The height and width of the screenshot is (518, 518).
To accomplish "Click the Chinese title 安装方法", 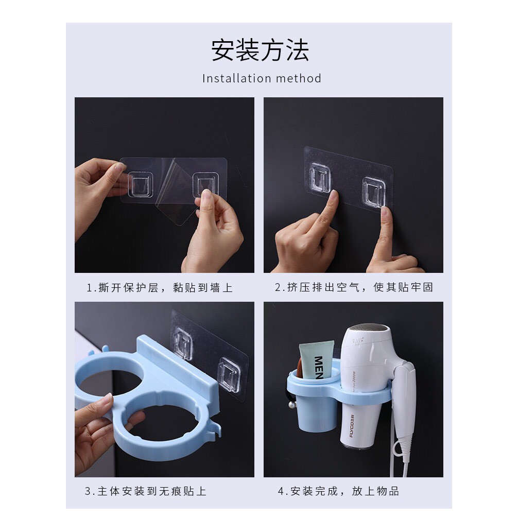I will coord(260,50).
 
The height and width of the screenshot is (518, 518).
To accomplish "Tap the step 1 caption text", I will coord(160,287).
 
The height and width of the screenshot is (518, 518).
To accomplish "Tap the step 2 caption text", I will coord(354,287).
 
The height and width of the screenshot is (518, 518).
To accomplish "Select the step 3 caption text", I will coord(146,491).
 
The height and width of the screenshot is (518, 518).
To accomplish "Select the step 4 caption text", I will coord(339,491).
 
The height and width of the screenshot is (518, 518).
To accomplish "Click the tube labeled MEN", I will coord(317,360).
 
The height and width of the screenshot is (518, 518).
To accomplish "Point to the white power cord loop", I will coord(400,448).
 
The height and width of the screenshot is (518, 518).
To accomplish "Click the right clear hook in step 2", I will coord(374,191).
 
